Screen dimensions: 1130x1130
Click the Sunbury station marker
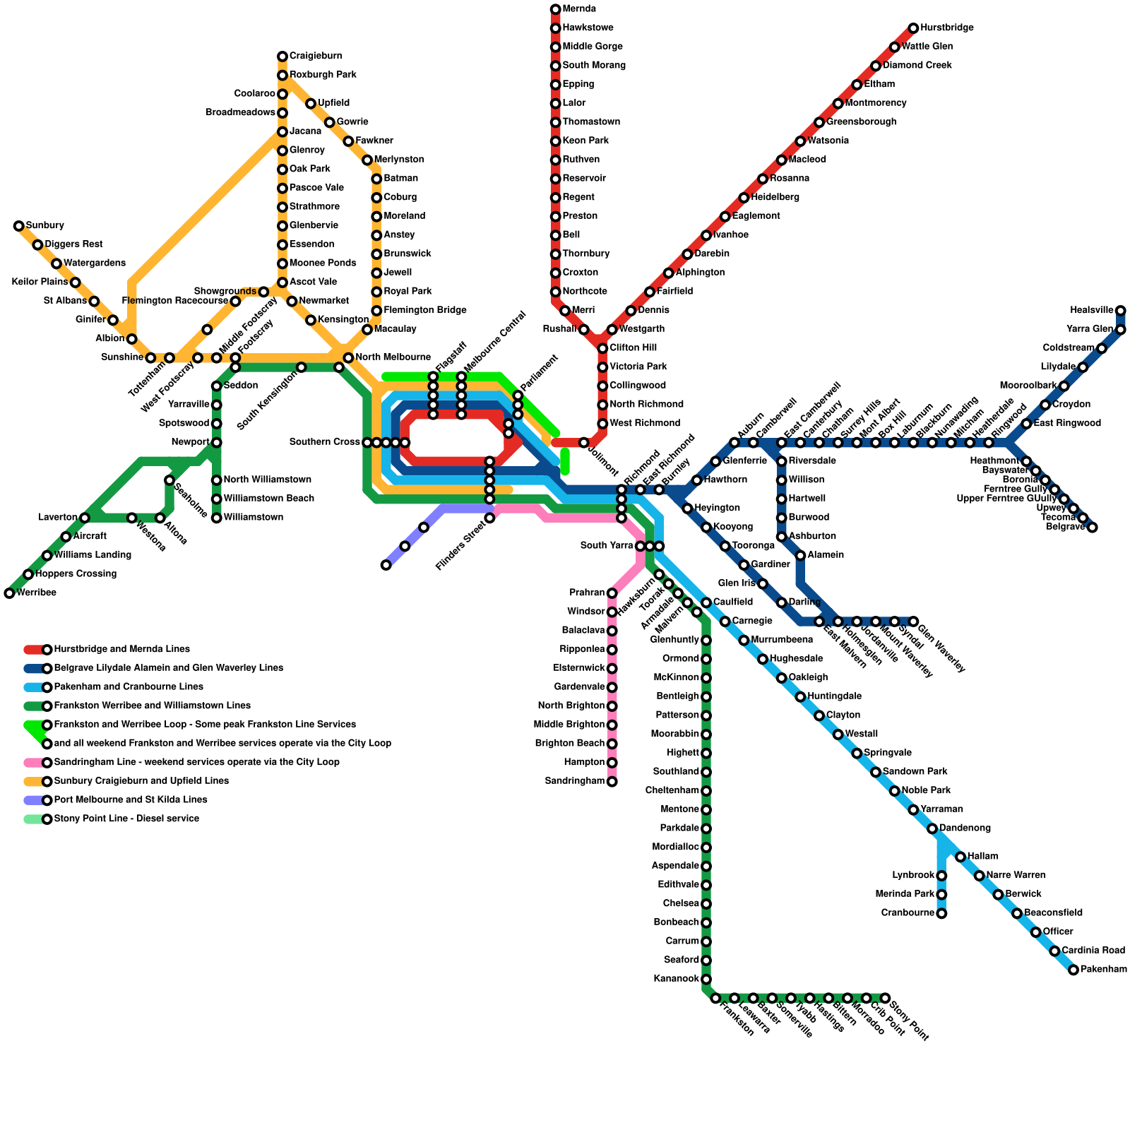(x=19, y=226)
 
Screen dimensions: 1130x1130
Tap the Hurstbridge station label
(x=947, y=28)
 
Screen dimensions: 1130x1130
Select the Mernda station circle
(x=556, y=9)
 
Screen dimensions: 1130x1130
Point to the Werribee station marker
(x=9, y=593)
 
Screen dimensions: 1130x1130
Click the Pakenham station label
(x=1104, y=970)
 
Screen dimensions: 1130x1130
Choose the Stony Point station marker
(x=885, y=998)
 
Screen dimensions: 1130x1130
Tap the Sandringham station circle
(x=612, y=782)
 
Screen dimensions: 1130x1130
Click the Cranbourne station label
(x=908, y=913)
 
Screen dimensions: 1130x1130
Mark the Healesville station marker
(x=1121, y=311)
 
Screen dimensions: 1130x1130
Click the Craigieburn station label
(x=316, y=56)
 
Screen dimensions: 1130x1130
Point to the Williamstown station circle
(x=217, y=518)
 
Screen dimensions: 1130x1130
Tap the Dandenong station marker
(x=932, y=828)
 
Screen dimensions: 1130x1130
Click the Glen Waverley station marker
(x=913, y=621)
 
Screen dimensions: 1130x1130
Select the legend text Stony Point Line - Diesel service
(x=126, y=819)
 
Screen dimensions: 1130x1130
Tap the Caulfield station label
(x=733, y=602)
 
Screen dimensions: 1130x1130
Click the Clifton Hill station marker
(x=602, y=348)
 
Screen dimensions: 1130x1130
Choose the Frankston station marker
(x=715, y=998)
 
